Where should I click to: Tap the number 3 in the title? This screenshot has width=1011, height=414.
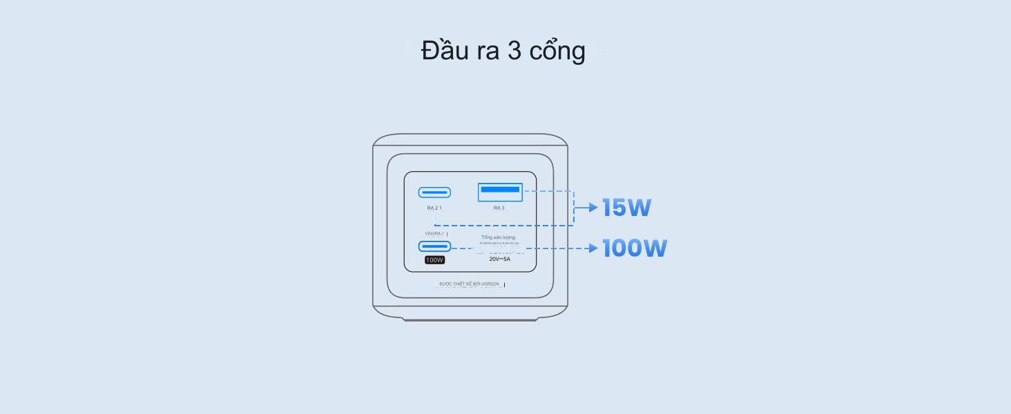[x=514, y=50]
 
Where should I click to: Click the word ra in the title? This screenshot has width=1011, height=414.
[x=488, y=52]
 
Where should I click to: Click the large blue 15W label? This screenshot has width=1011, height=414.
[x=626, y=208]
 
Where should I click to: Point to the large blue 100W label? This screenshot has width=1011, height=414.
[x=635, y=248]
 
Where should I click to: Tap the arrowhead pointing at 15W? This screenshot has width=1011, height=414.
[x=593, y=207]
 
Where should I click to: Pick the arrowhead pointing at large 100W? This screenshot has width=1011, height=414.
[x=593, y=248]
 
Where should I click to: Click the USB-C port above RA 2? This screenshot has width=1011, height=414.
[x=434, y=193]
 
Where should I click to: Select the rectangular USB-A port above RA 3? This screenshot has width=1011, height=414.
[x=500, y=192]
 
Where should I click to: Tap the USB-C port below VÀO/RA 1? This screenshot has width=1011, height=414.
[x=434, y=246]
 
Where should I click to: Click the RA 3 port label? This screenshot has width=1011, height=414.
[x=499, y=208]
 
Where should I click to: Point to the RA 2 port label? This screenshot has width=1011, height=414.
[x=434, y=208]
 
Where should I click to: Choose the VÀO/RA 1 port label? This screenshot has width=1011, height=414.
[x=434, y=234]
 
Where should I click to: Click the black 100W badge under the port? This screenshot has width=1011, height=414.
[x=435, y=260]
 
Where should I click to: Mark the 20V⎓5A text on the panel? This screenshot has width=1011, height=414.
[x=500, y=259]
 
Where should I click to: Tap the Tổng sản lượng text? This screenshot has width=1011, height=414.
[x=499, y=237]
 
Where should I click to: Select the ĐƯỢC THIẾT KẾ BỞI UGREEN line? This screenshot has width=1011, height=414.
[x=470, y=284]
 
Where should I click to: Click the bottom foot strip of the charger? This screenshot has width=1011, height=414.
[x=470, y=319]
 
